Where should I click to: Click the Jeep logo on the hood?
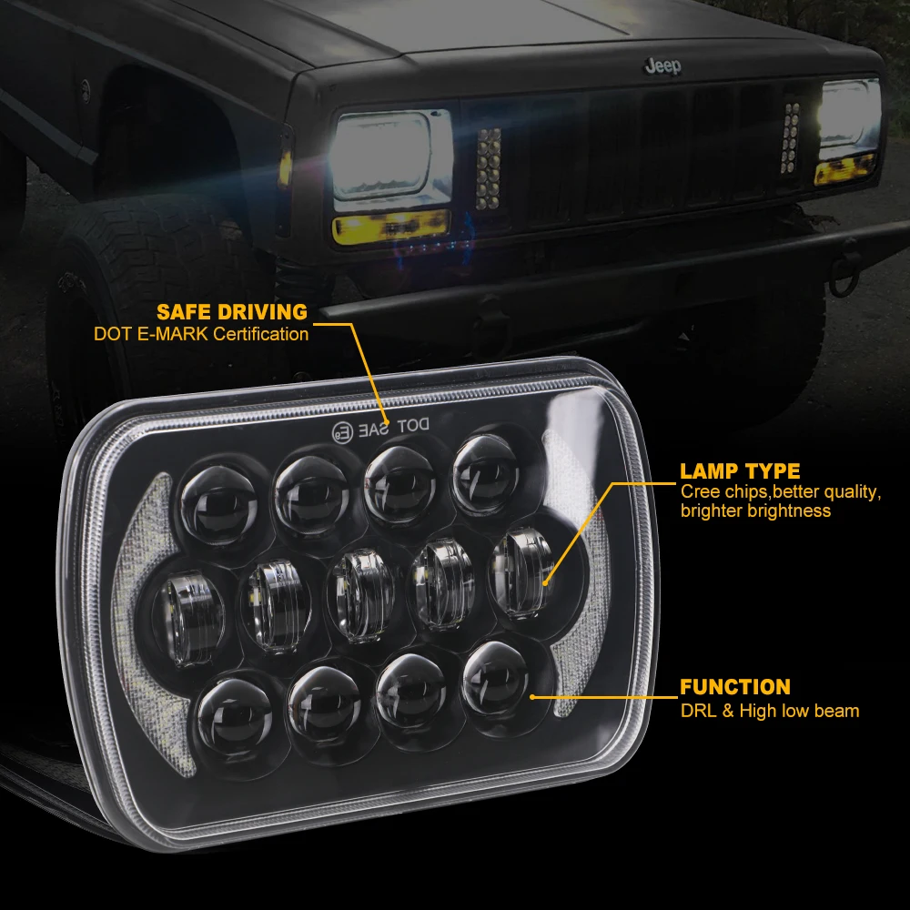point(662,67)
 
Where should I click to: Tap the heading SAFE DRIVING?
point(232,312)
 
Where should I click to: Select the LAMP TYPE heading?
point(740,471)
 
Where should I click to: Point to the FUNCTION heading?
point(735,687)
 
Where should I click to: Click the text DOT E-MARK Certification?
point(201,334)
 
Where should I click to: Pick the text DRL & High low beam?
point(769,710)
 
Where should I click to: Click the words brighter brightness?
point(755,511)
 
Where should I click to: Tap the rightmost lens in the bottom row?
point(497,678)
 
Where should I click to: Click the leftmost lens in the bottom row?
point(225,713)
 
